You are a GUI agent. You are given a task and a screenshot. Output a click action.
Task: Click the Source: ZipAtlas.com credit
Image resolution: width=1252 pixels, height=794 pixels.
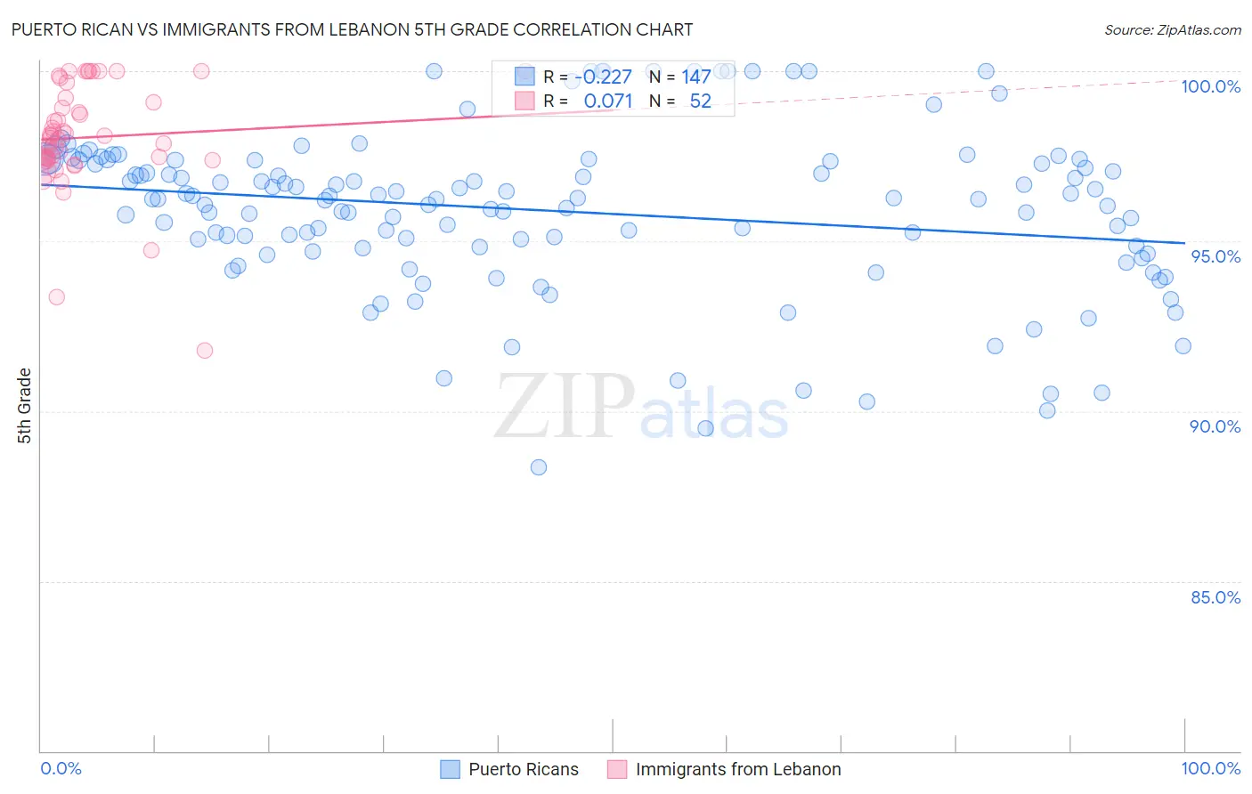coord(1172,29)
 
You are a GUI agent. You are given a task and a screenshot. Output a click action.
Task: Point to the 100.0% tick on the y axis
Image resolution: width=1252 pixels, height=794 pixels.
coord(1210,86)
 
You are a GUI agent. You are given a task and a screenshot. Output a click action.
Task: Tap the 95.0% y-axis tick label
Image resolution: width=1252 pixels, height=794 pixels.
coord(1215,256)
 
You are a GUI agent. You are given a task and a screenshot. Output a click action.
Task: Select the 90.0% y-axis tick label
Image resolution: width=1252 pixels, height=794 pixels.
coord(1215,426)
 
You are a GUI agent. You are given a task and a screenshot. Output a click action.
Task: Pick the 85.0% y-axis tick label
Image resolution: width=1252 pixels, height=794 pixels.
coord(1215,597)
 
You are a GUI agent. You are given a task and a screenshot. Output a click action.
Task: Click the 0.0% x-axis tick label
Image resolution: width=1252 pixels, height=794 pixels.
coord(61,768)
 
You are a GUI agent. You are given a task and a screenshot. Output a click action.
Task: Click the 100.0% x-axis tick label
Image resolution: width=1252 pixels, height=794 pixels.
coord(1210,768)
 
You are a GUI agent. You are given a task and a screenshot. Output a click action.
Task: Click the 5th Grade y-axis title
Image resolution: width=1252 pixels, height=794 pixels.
coord(25,406)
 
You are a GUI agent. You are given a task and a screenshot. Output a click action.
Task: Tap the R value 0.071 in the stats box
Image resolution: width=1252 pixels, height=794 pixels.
coord(607,101)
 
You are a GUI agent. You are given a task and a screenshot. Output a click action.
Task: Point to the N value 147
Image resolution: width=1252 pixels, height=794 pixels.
coord(695,77)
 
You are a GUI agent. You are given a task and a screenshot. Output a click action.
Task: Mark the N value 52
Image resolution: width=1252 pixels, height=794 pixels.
coord(700,101)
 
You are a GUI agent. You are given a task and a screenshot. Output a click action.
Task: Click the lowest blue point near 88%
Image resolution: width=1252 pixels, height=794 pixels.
coord(538,467)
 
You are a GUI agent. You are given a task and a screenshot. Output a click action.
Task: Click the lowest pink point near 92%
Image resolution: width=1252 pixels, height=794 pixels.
coord(205,351)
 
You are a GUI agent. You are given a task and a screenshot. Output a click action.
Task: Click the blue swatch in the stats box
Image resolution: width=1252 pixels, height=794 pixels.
coord(524,77)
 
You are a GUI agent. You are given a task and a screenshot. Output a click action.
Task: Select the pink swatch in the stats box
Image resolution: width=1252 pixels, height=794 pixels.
coord(524,101)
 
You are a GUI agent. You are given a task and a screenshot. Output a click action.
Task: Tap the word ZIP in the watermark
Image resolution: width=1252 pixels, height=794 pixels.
coord(565,408)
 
